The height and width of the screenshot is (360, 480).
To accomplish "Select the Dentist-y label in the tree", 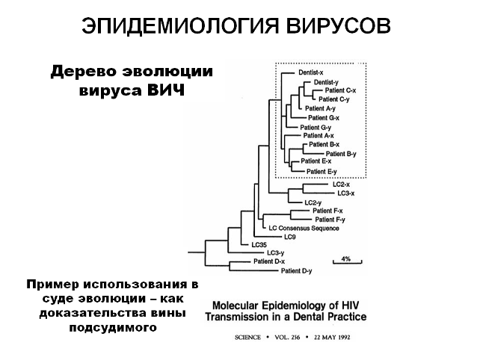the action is tap(327, 82).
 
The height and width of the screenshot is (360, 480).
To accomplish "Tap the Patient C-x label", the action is tap(340, 90).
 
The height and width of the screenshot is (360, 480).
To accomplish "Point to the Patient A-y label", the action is tap(320, 108).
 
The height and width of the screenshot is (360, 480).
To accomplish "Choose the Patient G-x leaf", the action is tap(324, 117).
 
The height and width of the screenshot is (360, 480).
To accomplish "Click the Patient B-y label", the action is tap(341, 153).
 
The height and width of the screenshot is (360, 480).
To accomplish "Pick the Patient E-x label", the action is tap(316, 161).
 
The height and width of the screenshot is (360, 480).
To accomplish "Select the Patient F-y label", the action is tap(330, 220).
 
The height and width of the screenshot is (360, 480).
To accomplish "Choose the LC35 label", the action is tap(259, 244).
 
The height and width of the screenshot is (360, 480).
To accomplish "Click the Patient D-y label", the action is tap(295, 270).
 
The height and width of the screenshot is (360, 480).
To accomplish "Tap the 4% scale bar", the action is tap(346, 261).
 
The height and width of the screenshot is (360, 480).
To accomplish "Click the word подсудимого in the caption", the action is tap(111, 326).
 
